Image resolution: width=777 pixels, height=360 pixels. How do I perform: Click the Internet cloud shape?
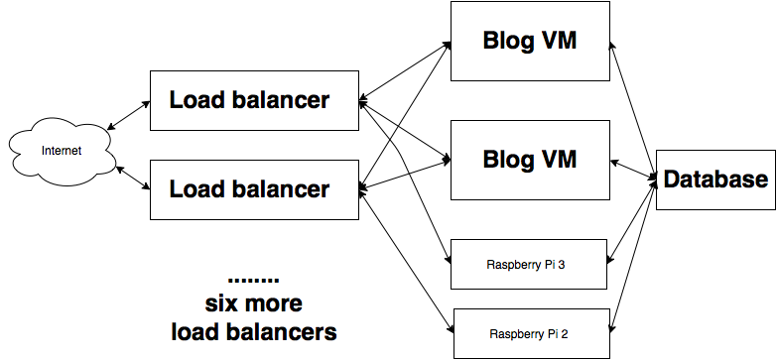tap(62, 151)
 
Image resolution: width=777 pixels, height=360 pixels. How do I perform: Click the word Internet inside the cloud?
tap(62, 151)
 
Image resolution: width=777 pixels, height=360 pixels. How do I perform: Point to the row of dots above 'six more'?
tap(253, 281)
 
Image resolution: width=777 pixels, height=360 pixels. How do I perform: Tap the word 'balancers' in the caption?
tap(288, 332)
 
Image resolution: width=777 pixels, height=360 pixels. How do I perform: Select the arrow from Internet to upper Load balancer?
tap(128, 116)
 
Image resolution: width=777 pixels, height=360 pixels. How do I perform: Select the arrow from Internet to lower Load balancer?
tap(133, 179)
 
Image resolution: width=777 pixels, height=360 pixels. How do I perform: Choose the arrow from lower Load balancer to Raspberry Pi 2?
tap(406, 261)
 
